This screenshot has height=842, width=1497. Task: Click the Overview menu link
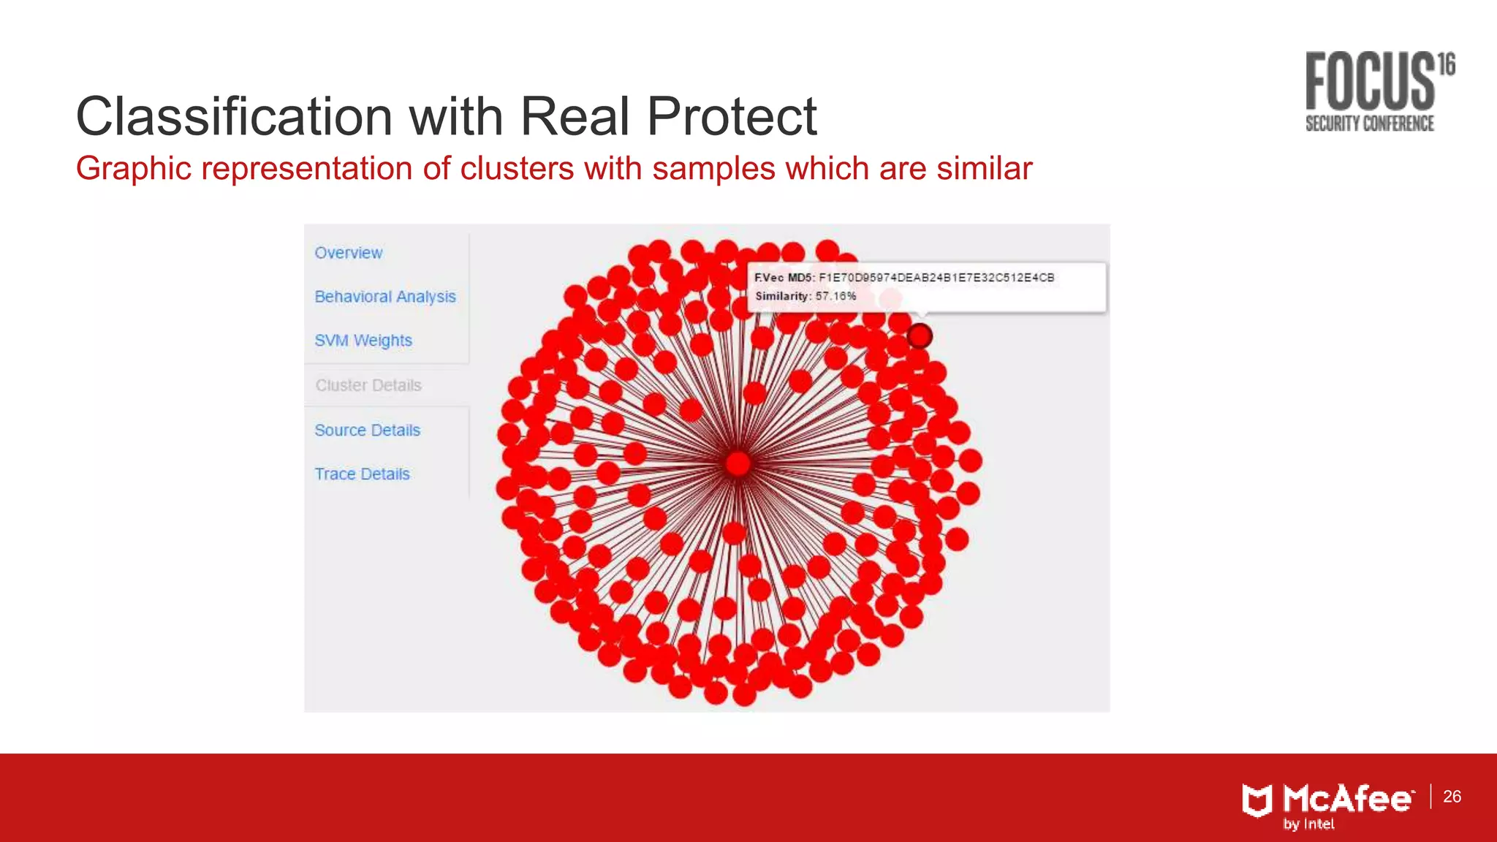349,253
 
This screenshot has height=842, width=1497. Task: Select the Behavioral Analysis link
385,297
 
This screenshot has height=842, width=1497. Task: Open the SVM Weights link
363,341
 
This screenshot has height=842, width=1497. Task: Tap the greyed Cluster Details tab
368,385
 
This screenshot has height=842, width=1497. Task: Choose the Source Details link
368,431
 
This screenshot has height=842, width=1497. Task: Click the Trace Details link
362,474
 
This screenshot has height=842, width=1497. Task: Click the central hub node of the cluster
738,463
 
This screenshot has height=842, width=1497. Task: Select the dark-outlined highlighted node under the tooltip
920,335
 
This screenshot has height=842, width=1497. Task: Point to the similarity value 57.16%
835,296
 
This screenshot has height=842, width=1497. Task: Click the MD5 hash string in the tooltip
936,278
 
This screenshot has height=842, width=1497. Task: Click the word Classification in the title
235,117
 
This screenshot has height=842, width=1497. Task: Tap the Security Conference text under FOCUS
1370,124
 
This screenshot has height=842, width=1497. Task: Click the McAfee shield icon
1257,800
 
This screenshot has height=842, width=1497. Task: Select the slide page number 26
1452,797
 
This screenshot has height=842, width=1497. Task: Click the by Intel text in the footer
1309,824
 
